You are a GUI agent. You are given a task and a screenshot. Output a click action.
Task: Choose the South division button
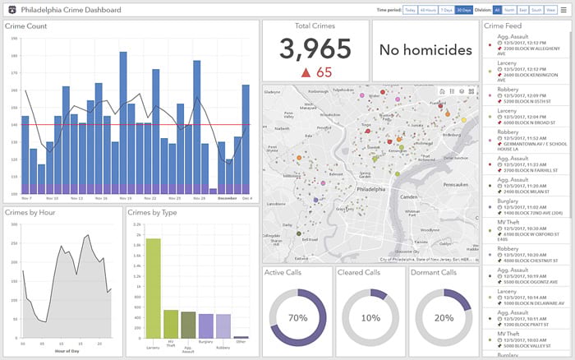click(x=536, y=10)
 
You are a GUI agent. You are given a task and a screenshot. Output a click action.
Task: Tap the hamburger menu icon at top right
click(x=563, y=10)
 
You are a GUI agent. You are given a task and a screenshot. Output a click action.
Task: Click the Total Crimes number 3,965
click(x=315, y=49)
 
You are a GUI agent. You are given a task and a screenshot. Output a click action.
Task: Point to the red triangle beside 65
click(x=305, y=72)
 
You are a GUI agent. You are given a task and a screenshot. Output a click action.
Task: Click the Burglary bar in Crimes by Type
click(x=206, y=325)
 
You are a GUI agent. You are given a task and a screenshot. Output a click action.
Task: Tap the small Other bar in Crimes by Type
click(x=241, y=337)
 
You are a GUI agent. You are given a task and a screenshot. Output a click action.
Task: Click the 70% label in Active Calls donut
click(x=297, y=317)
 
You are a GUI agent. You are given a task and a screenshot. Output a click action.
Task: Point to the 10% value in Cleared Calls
click(x=370, y=317)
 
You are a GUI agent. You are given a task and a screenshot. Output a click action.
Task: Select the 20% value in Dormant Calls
click(x=444, y=317)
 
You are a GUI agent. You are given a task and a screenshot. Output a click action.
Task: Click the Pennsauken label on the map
click(x=456, y=162)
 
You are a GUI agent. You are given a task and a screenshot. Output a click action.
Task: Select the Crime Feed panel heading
click(x=503, y=26)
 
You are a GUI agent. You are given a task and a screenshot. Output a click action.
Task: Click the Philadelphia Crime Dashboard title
click(x=71, y=10)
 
